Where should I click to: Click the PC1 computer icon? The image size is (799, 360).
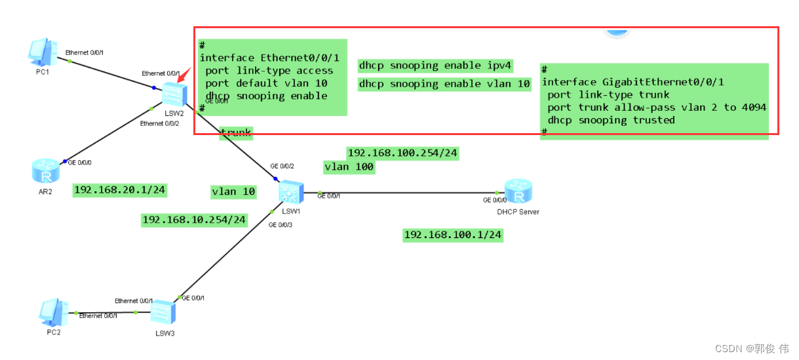coord(42,52)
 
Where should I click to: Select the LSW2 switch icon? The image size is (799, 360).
coord(174,95)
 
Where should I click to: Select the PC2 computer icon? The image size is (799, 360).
coord(52,313)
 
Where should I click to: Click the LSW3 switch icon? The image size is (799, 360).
coord(161,311)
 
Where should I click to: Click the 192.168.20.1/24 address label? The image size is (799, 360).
coord(120,190)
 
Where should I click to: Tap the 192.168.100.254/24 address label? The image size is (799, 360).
coord(402,153)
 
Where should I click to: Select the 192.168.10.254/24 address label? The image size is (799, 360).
coord(195,220)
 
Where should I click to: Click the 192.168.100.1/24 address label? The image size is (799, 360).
coord(453,235)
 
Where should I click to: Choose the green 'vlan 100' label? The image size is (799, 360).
coord(349,167)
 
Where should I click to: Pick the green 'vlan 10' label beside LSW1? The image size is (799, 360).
coord(233,191)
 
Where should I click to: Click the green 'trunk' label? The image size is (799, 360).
coord(235,133)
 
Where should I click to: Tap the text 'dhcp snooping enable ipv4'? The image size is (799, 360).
coord(435,66)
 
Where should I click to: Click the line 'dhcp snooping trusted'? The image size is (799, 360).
coord(611,120)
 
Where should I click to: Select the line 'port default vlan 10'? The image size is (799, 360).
coord(266,83)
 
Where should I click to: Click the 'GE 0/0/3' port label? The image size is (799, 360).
coord(280,225)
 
